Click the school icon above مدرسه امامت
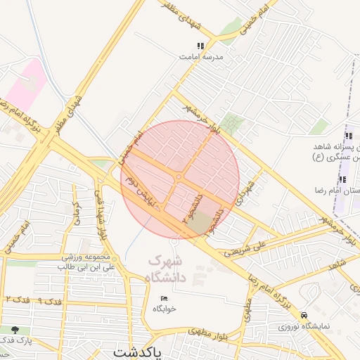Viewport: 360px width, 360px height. (x=200, y=46)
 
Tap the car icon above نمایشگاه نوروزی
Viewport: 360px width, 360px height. (x=304, y=315)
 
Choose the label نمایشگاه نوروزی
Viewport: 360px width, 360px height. (x=304, y=326)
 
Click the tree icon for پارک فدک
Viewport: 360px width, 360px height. (x=15, y=329)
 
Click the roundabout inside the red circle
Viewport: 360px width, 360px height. (x=180, y=177)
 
